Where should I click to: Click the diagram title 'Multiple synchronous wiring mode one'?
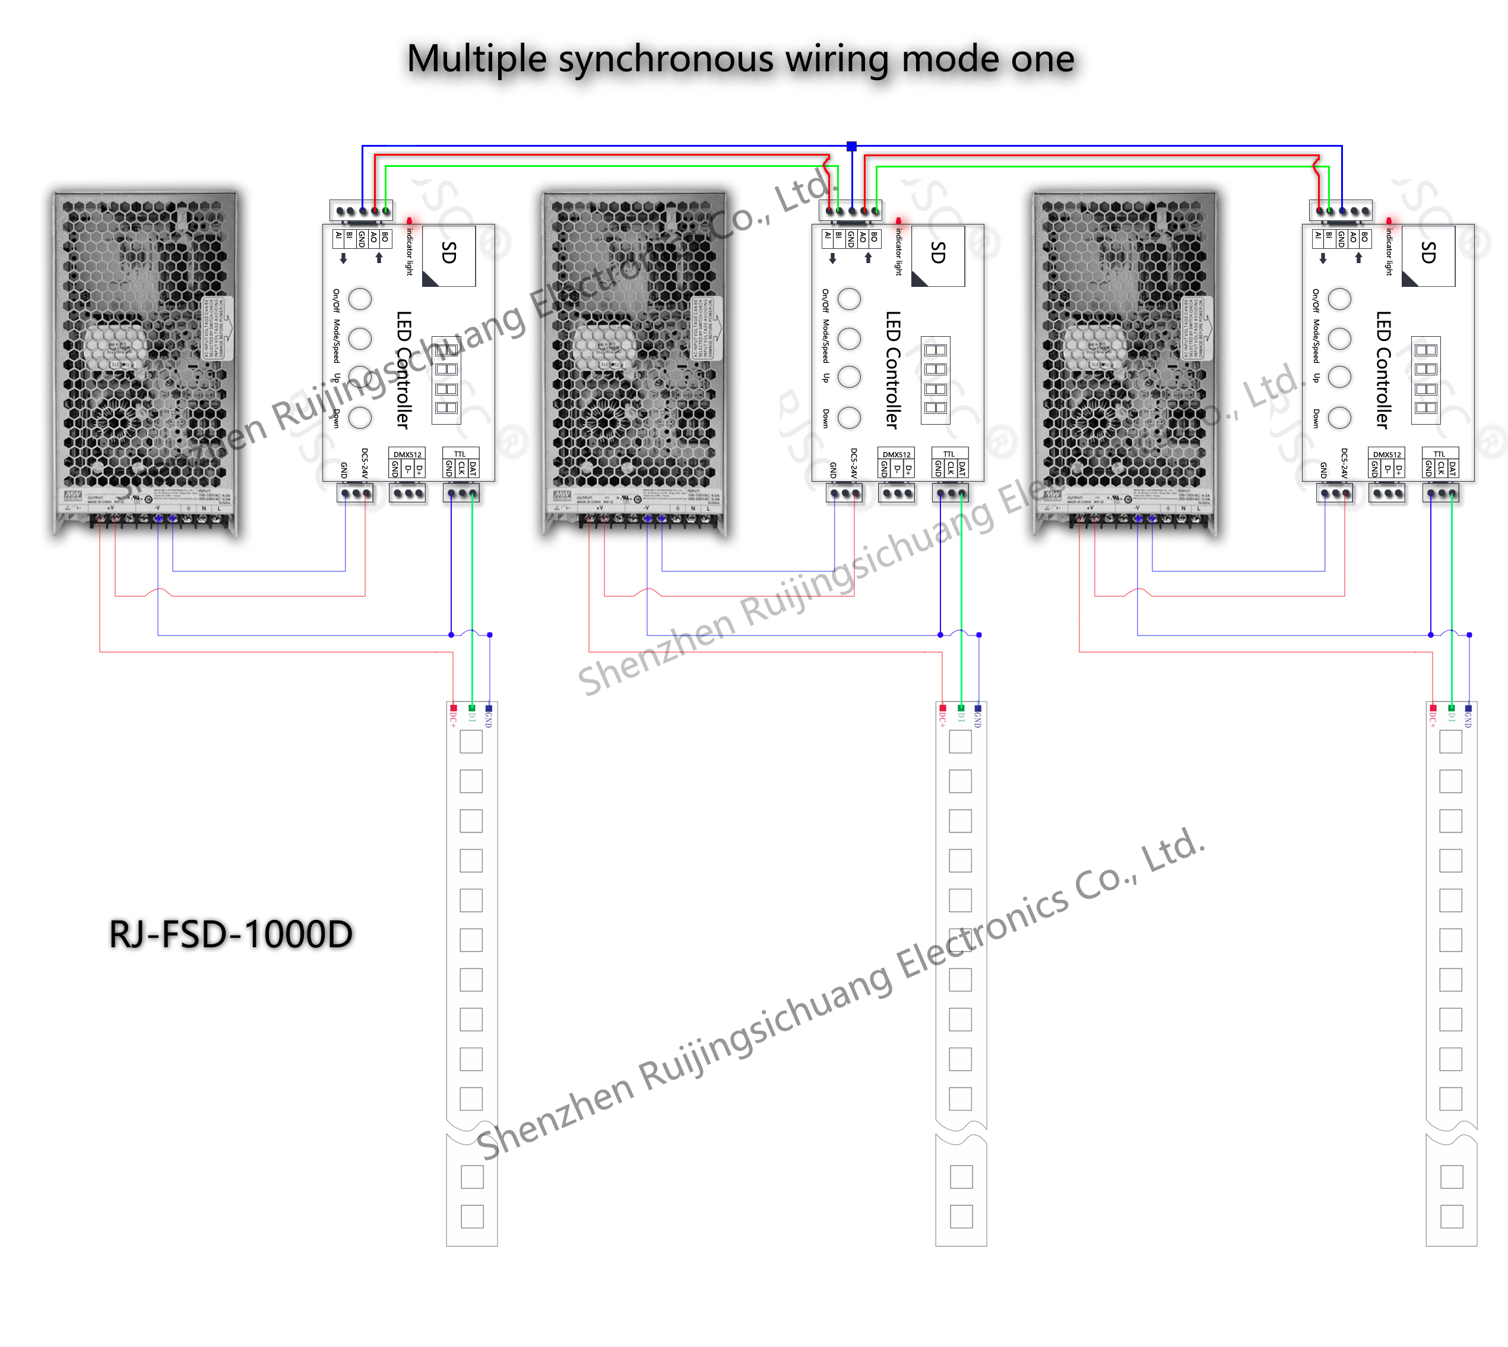tap(740, 59)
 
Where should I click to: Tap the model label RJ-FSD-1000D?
tap(231, 934)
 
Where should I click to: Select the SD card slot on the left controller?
tap(448, 255)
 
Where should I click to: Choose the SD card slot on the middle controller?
tap(937, 255)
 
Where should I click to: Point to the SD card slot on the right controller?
tap(1428, 255)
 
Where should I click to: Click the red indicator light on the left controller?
tap(409, 220)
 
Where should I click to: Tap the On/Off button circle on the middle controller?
tap(849, 299)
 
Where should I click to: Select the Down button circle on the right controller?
tap(1339, 418)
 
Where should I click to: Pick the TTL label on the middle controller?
tap(949, 454)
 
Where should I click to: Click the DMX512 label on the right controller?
tap(1387, 454)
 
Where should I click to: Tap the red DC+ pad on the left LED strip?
tap(453, 709)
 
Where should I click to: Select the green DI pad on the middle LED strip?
tap(961, 709)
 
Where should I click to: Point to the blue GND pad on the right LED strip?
tap(1468, 709)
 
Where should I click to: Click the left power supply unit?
tap(146, 363)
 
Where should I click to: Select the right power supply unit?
tap(1124, 363)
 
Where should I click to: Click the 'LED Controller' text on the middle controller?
tap(893, 370)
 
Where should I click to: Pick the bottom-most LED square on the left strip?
tap(471, 1216)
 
